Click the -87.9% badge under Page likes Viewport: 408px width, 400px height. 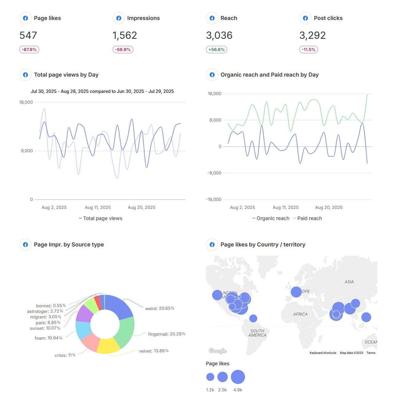(x=29, y=50)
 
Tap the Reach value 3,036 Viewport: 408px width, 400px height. (x=219, y=35)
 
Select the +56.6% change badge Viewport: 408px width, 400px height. (x=216, y=50)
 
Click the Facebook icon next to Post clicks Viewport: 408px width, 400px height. (x=305, y=18)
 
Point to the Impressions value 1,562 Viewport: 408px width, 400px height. (x=125, y=35)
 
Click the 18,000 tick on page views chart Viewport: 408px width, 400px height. (x=26, y=102)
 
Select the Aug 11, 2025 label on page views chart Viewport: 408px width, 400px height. (x=98, y=207)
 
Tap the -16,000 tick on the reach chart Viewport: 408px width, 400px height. (x=214, y=199)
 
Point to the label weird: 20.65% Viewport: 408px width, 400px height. (x=160, y=308)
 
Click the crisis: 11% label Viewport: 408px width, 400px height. (x=65, y=355)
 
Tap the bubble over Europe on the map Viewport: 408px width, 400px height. (x=296, y=292)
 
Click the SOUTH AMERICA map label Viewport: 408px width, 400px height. (x=257, y=333)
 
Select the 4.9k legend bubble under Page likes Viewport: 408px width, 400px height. (x=238, y=377)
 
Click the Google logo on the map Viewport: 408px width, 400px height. (x=217, y=351)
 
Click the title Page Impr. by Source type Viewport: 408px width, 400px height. (x=69, y=245)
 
